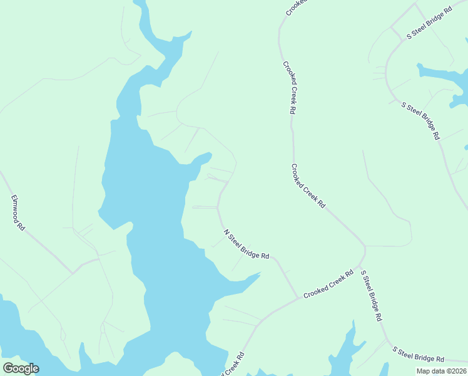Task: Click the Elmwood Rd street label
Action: [18, 213]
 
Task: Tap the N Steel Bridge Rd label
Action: [246, 244]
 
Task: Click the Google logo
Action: [21, 368]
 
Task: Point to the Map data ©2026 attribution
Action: [441, 371]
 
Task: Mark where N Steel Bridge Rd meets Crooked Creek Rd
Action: [298, 298]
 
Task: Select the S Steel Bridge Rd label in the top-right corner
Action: [429, 23]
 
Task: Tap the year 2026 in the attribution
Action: [457, 371]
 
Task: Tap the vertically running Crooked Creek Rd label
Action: [288, 86]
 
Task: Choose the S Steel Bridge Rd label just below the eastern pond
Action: [420, 120]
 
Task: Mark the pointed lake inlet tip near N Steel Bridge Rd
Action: [260, 274]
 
